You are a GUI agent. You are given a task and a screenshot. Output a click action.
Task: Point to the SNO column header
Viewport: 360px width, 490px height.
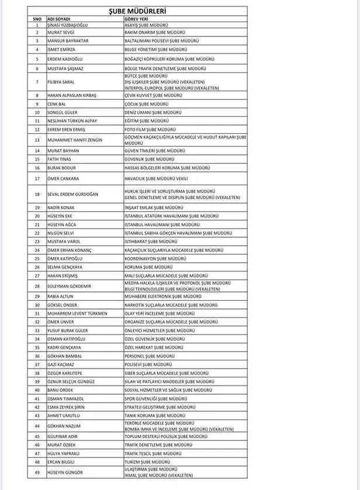coord(37,19)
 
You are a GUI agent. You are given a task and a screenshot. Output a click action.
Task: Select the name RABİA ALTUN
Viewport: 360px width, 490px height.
coord(61,296)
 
